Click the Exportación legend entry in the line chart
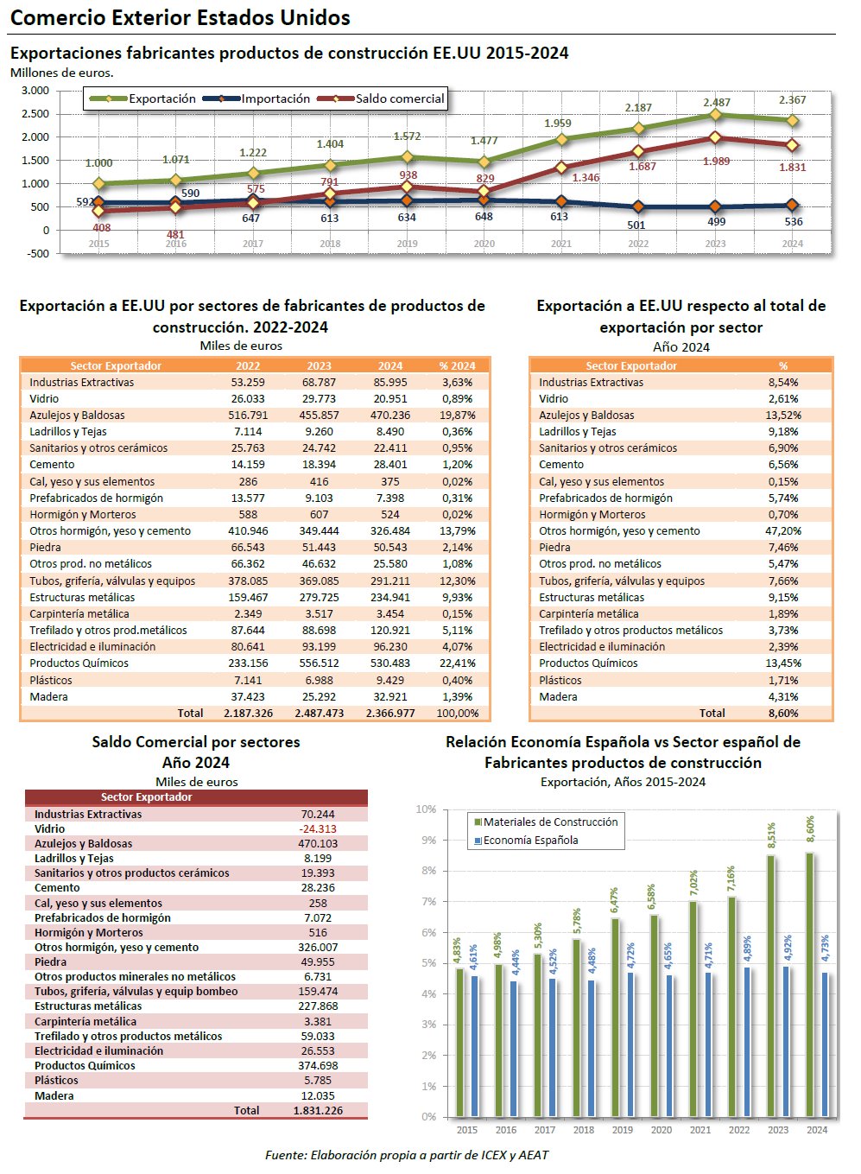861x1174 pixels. (162, 98)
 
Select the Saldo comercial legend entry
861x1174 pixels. (400, 98)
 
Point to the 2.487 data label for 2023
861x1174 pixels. (717, 102)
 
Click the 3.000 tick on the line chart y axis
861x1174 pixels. (35, 91)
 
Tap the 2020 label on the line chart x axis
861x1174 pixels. (484, 244)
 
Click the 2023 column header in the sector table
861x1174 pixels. (319, 365)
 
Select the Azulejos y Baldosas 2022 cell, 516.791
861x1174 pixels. (248, 416)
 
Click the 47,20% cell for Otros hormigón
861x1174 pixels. (783, 531)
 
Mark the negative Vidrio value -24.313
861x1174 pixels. (318, 829)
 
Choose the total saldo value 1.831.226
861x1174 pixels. (318, 1111)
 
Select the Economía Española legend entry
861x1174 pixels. (530, 841)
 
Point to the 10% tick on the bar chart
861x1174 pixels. (426, 809)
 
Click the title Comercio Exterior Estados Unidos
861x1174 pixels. (180, 18)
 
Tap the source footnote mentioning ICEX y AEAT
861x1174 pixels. (406, 1155)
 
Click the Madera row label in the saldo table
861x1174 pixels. (54, 1096)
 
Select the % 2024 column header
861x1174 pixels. (457, 365)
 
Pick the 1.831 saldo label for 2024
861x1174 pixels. (792, 168)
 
